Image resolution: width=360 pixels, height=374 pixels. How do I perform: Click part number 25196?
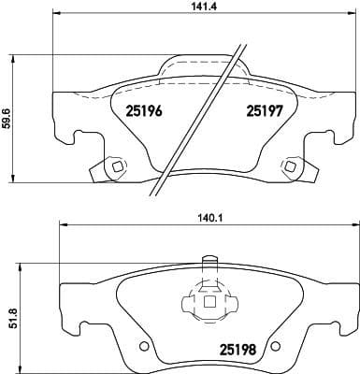(x=144, y=110)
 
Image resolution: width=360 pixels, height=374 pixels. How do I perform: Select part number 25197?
(x=264, y=110)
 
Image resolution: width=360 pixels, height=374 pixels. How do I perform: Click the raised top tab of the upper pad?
(x=202, y=64)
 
